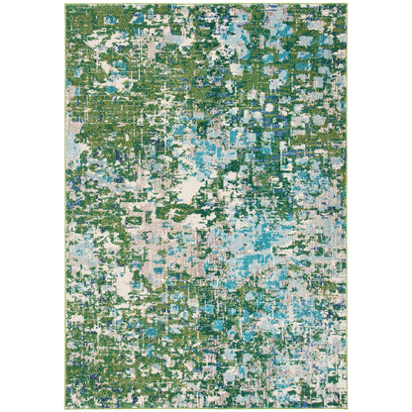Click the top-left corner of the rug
65,5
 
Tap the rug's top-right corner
348,5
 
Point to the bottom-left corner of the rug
65,407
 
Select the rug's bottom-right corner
348,407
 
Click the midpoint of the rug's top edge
206,5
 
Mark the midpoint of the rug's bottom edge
206,407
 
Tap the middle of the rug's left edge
65,206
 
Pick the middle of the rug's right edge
348,206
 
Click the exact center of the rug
206,206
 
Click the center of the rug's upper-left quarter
136,105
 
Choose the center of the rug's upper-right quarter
277,105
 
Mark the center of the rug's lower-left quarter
136,307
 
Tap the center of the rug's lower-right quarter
277,307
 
